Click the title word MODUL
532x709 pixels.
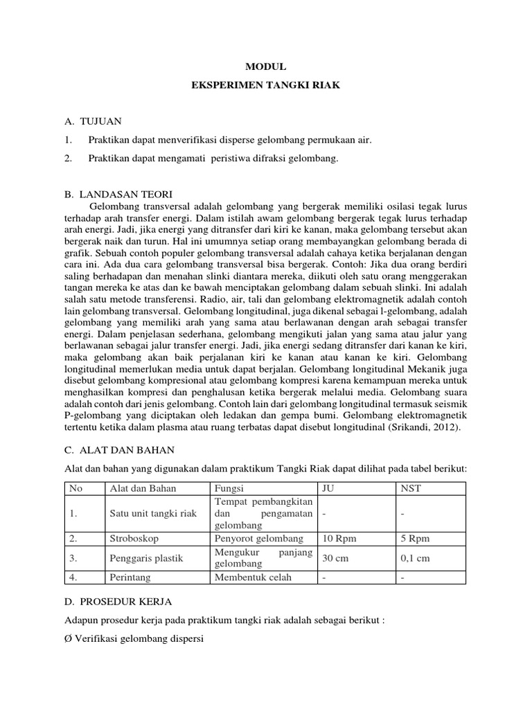(265, 66)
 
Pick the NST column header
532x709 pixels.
(409, 488)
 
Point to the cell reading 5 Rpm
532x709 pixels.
(415, 538)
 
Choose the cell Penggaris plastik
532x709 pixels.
(147, 557)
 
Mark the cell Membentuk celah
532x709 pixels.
(253, 577)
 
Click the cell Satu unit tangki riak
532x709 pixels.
(153, 513)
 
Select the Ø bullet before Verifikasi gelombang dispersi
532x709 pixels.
(69, 640)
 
